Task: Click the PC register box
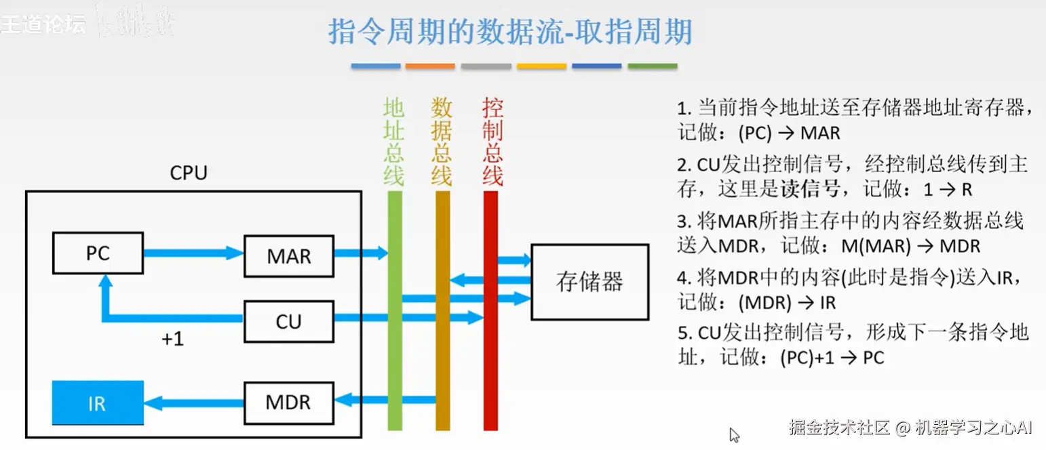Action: [x=98, y=253]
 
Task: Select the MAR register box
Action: [x=289, y=257]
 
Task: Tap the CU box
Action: [x=289, y=321]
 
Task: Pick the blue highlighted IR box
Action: [x=98, y=404]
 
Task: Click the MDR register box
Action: [x=289, y=402]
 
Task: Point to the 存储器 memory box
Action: [x=589, y=281]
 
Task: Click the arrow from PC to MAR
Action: [x=193, y=253]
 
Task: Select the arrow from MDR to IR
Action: [x=193, y=403]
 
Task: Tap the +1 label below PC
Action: [x=172, y=339]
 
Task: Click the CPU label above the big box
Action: [x=188, y=173]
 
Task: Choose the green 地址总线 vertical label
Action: [x=394, y=142]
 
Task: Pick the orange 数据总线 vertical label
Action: [x=442, y=142]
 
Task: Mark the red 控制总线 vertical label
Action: [x=492, y=142]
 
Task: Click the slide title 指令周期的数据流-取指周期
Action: [x=510, y=32]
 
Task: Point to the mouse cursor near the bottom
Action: [x=733, y=434]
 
